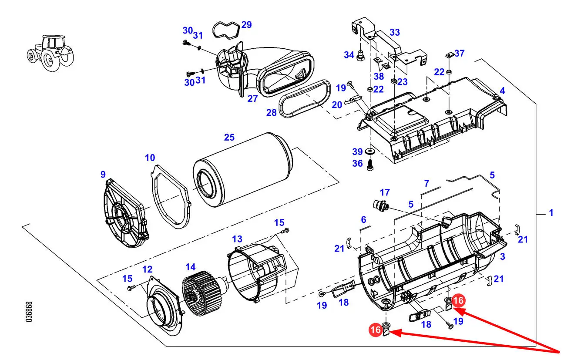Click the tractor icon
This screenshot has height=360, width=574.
(x=50, y=53)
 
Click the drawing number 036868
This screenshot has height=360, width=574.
(x=29, y=312)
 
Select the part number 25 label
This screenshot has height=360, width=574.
(x=229, y=138)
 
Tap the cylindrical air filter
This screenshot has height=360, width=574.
(x=242, y=169)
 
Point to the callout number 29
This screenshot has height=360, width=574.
(x=246, y=25)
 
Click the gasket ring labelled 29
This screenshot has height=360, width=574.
(x=226, y=30)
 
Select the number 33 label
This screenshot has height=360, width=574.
(x=395, y=32)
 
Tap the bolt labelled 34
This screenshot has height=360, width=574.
(x=360, y=56)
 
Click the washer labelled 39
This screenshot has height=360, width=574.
(x=369, y=151)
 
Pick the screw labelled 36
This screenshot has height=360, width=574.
(x=370, y=165)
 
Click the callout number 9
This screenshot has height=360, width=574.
(x=103, y=175)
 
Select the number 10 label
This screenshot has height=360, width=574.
(x=150, y=158)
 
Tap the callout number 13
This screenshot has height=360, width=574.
(x=237, y=239)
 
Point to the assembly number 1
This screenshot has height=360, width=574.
(x=551, y=212)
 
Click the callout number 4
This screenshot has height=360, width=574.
(x=502, y=91)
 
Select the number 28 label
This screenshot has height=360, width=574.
(x=272, y=113)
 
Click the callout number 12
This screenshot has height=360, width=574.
(x=148, y=269)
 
